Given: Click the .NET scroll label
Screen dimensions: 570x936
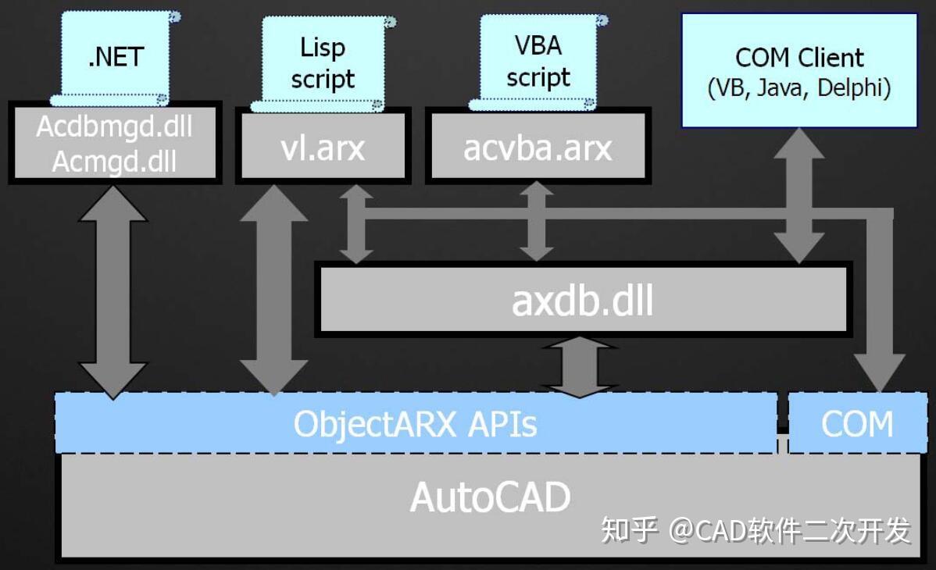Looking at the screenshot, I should click(116, 56).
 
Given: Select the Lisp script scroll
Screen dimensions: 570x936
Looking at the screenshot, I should click(322, 62).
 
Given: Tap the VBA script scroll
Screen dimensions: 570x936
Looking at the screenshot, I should click(538, 61).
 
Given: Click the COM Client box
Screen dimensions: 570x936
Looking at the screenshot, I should click(799, 70).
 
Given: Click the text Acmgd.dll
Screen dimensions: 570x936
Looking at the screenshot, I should click(114, 161).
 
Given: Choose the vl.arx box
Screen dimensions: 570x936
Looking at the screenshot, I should click(322, 148).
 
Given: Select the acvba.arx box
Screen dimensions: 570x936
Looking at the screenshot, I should click(538, 148).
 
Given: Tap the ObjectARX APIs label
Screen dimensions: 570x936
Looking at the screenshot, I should click(415, 423).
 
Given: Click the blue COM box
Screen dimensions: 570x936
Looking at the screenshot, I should click(856, 423).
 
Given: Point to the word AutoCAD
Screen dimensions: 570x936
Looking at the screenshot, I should click(490, 497).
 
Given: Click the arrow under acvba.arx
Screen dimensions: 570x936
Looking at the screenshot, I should click(537, 223).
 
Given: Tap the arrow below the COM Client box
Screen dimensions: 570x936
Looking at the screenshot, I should click(799, 195).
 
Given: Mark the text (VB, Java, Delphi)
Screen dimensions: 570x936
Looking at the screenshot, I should click(799, 88).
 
